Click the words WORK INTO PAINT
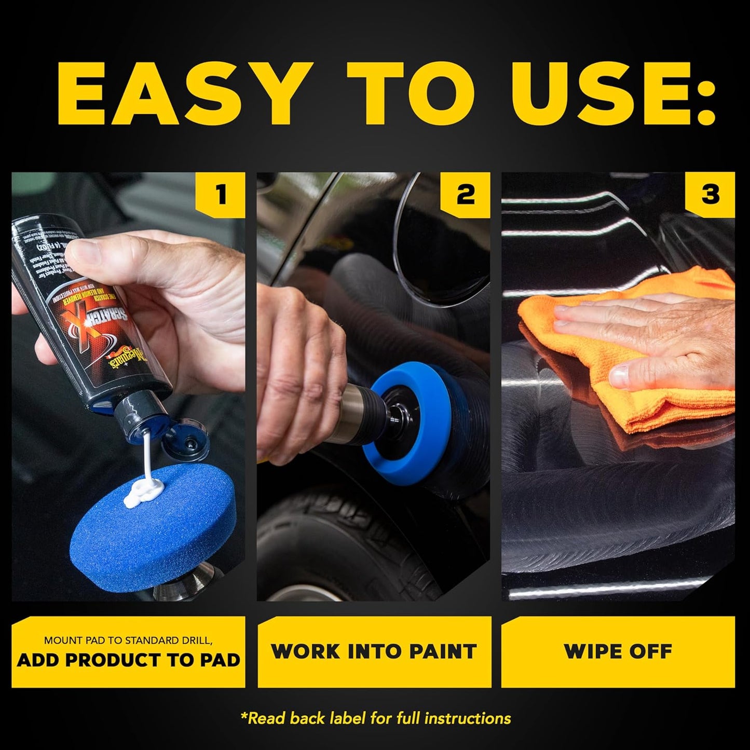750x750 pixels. [374, 651]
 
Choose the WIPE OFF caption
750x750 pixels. [618, 651]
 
